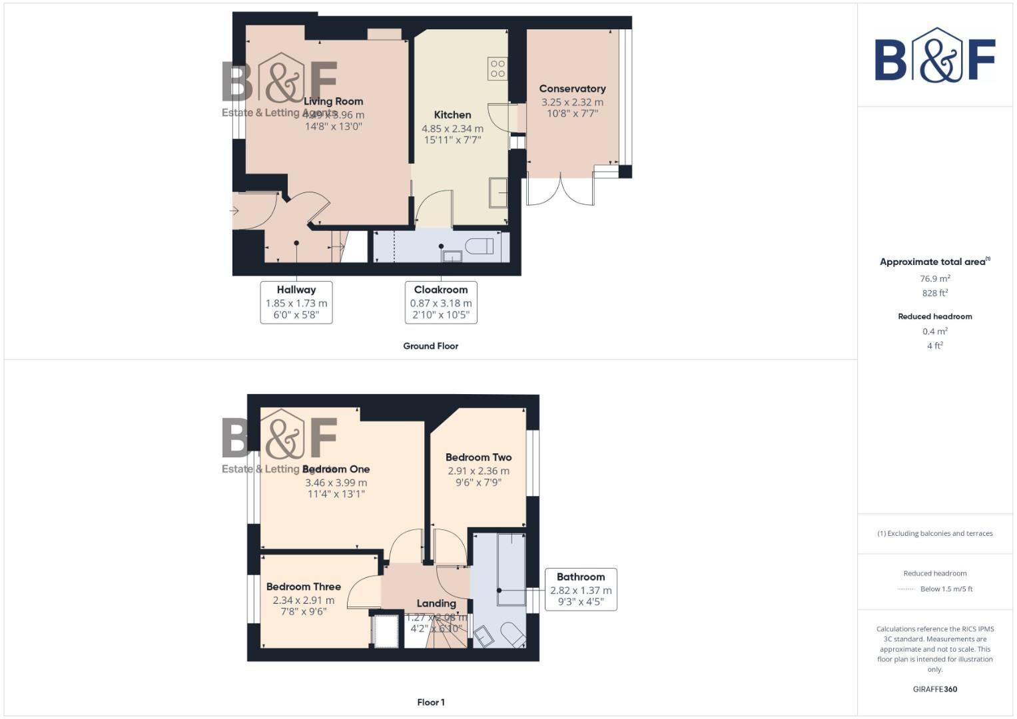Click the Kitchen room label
pyautogui.click(x=452, y=115)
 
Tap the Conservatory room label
pyautogui.click(x=572, y=89)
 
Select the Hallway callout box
pyautogui.click(x=296, y=302)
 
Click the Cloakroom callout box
pyautogui.click(x=441, y=302)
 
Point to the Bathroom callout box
pyautogui.click(x=581, y=589)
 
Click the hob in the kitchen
pyautogui.click(x=498, y=68)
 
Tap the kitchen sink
pyautogui.click(x=498, y=192)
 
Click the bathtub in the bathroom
pyautogui.click(x=511, y=568)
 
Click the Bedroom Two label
pyautogui.click(x=478, y=457)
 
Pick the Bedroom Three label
pyautogui.click(x=303, y=587)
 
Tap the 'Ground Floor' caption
pyautogui.click(x=430, y=346)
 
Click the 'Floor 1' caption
pyautogui.click(x=430, y=702)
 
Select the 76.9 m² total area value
pyautogui.click(x=935, y=279)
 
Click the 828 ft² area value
pyautogui.click(x=935, y=293)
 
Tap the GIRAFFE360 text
pyautogui.click(x=935, y=689)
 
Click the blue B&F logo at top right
pyautogui.click(x=935, y=55)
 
